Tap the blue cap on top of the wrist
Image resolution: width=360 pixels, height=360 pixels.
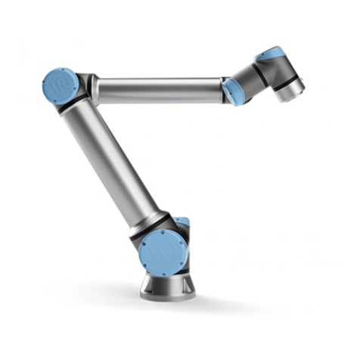click(270, 54)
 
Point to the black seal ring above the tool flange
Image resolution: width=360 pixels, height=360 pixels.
click(288, 82)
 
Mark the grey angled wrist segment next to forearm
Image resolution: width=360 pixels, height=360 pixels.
click(246, 79)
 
